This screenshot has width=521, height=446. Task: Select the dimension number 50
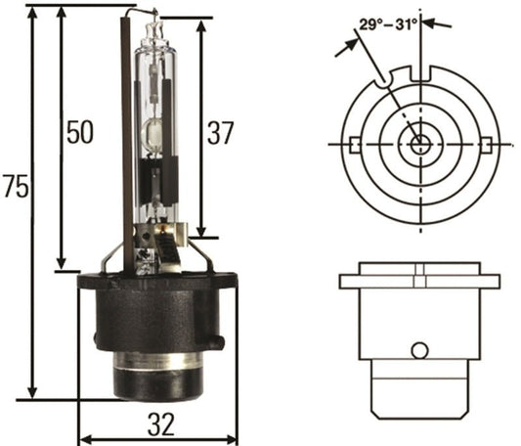[x=80, y=132]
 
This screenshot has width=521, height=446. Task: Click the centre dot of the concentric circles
[x=419, y=145]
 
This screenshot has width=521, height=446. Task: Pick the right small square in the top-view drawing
[x=486, y=145]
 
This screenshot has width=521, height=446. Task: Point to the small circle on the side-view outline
[x=419, y=350]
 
